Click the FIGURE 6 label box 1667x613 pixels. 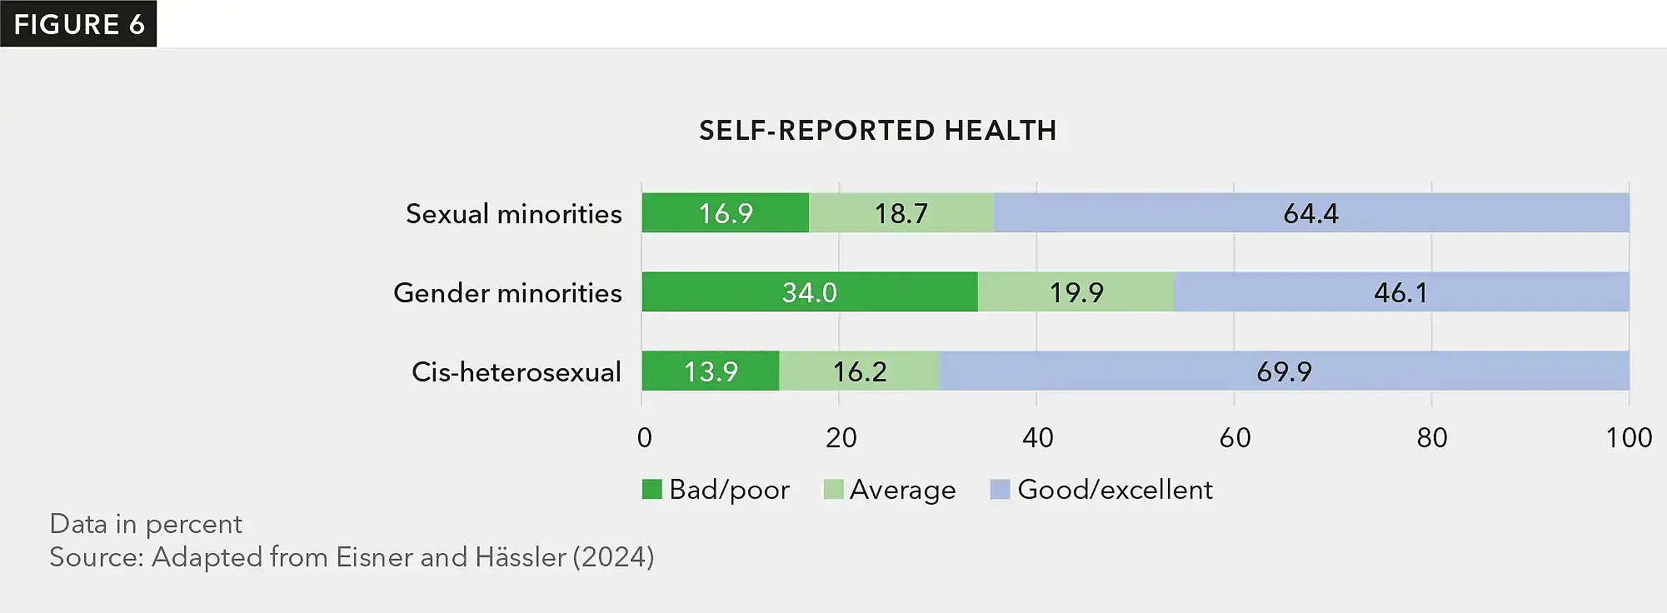click(x=78, y=23)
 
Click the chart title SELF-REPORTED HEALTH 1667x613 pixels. click(x=877, y=130)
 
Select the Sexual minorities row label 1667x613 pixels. click(x=513, y=213)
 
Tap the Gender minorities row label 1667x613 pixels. click(x=507, y=292)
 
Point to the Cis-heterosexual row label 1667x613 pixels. click(x=516, y=371)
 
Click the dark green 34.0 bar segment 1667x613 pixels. click(x=809, y=292)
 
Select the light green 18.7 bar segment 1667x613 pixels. click(x=901, y=213)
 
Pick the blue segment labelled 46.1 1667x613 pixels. click(x=1400, y=292)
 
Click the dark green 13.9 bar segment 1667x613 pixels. click(x=710, y=371)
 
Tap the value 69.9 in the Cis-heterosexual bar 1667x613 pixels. click(x=1284, y=371)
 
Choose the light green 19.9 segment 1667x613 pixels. click(x=1076, y=292)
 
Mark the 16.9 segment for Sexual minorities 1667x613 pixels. click(x=725, y=213)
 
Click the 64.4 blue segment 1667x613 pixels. click(x=1310, y=213)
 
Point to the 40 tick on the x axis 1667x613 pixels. click(x=1037, y=437)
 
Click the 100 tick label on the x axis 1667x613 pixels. click(x=1628, y=437)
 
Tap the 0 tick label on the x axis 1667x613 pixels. click(x=644, y=437)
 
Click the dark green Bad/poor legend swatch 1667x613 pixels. click(x=651, y=489)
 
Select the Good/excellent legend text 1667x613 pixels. click(x=1115, y=489)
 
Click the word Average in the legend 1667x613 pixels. click(x=902, y=489)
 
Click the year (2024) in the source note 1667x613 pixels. click(x=612, y=556)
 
